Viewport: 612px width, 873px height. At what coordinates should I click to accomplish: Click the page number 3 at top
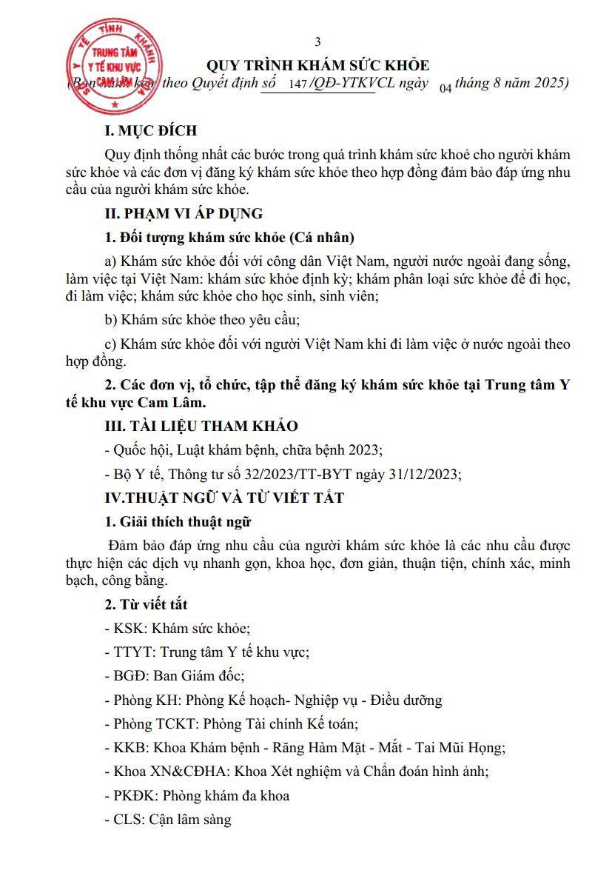coord(318,41)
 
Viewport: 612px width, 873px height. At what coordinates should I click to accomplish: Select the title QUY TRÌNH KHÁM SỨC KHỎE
coord(317,65)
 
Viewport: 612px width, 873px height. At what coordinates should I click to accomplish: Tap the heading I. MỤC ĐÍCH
coord(151,131)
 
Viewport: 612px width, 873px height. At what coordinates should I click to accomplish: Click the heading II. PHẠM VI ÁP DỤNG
coord(184,214)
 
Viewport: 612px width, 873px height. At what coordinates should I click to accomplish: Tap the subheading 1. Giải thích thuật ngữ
coord(178,522)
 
